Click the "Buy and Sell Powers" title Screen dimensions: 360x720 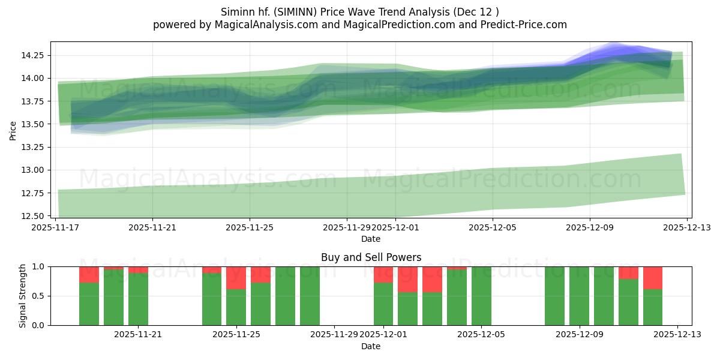(x=371, y=257)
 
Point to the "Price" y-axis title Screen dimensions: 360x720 (x=13, y=130)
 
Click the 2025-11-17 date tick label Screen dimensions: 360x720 (x=55, y=227)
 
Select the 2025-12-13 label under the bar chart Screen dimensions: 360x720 (x=677, y=334)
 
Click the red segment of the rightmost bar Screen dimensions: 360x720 (x=653, y=278)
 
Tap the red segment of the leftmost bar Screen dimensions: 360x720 (x=89, y=275)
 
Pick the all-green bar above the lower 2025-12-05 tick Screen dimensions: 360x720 (x=481, y=296)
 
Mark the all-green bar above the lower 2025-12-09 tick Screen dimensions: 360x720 (x=579, y=296)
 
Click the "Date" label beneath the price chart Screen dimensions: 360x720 (x=371, y=239)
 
